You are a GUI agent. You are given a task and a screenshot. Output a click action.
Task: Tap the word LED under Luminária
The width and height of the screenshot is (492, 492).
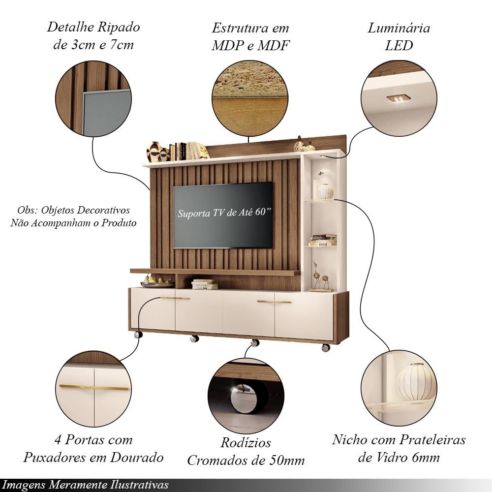coord(399,45)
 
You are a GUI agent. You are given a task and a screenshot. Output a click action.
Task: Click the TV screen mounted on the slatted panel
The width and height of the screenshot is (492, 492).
coord(223,215)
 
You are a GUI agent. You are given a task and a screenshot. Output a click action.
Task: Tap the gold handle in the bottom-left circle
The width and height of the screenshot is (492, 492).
coord(94,387)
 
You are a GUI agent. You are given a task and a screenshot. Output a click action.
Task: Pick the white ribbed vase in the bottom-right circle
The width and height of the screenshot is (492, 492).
coord(416,382)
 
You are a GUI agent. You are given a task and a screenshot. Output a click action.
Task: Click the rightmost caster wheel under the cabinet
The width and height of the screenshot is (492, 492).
coord(326,347)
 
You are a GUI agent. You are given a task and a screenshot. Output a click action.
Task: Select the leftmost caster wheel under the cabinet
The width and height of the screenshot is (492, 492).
coord(138,335)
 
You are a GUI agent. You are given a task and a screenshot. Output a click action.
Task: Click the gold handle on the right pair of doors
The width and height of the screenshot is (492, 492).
coord(274,302)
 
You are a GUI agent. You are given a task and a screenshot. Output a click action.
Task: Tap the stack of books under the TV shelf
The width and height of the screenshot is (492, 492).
coord(204,284)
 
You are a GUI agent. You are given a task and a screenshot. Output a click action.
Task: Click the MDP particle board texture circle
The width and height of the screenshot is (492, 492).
coord(250,98)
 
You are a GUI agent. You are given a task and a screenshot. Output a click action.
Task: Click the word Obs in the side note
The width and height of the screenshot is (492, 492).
coord(25,210)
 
